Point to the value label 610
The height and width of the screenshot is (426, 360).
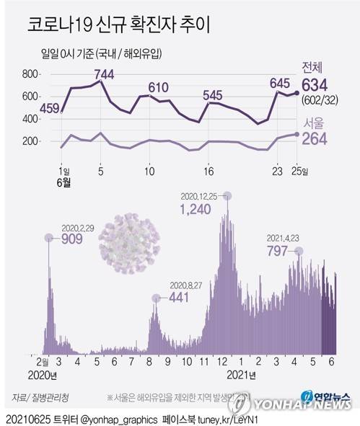(158, 88)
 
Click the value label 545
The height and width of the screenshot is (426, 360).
(212, 95)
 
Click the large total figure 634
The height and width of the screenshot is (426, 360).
(318, 86)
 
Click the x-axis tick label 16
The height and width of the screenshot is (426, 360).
(208, 172)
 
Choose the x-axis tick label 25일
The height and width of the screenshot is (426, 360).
(300, 172)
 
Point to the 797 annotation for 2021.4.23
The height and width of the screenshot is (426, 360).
(278, 252)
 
